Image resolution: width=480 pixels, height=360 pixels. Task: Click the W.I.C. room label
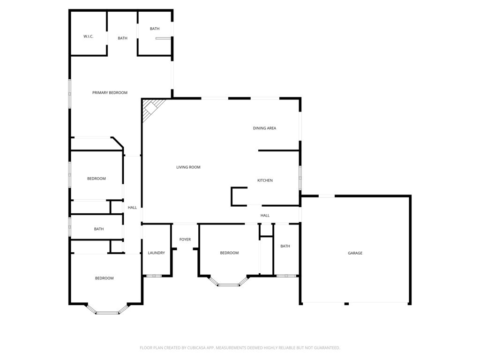[x=89, y=36]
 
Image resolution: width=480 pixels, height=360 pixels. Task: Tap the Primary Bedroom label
[x=110, y=93]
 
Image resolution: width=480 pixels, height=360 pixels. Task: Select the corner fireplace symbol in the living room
[x=151, y=108]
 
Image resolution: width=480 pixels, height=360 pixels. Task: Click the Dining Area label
[x=264, y=128]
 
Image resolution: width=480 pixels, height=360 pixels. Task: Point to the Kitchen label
[x=265, y=180]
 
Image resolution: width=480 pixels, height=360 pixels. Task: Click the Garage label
[x=355, y=253]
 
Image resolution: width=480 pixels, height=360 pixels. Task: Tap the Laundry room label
[x=156, y=253]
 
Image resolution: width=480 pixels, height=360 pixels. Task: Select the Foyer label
[x=185, y=240]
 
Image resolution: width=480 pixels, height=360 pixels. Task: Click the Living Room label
[x=188, y=167]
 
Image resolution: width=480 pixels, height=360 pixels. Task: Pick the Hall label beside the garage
[x=265, y=216]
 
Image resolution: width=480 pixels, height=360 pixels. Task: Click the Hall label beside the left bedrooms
[x=133, y=208]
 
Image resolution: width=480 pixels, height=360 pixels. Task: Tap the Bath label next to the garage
[x=285, y=246]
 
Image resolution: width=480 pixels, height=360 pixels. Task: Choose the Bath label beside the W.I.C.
[x=122, y=38]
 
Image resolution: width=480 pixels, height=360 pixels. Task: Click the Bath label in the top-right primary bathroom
[x=155, y=29]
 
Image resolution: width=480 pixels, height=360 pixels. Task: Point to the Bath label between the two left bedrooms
[x=99, y=229]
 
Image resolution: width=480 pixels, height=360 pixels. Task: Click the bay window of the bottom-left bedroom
[x=107, y=312]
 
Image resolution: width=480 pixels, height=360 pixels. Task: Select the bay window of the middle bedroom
[x=229, y=284]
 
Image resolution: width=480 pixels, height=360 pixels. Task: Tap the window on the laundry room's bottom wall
[x=154, y=276]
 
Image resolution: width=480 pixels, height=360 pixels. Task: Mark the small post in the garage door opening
[x=346, y=304]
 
